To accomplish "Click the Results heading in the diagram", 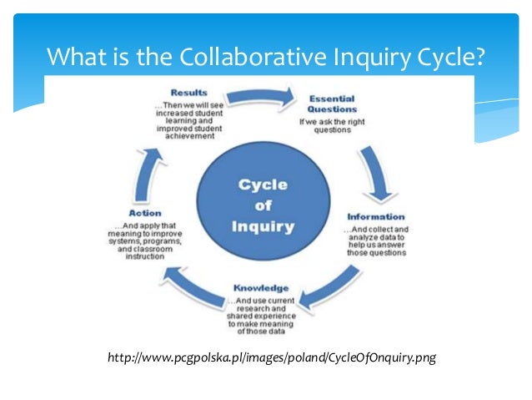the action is click(x=189, y=92).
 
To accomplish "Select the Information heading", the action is click(x=376, y=216).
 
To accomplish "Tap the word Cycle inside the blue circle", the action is click(x=263, y=185).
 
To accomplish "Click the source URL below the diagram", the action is click(x=272, y=358).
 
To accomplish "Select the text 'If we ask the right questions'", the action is click(x=331, y=124).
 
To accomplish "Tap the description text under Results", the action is click(x=188, y=118).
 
